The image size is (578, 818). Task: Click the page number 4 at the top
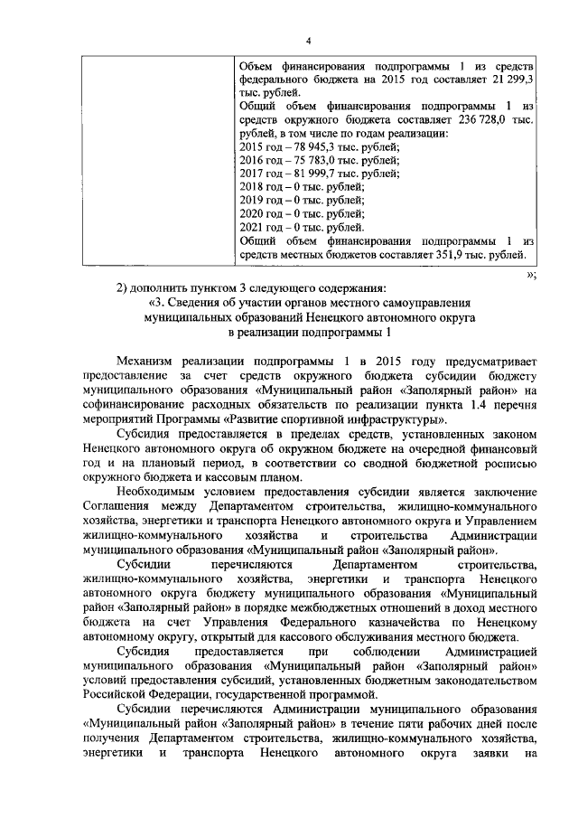[308, 40]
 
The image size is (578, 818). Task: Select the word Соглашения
[115, 504]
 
